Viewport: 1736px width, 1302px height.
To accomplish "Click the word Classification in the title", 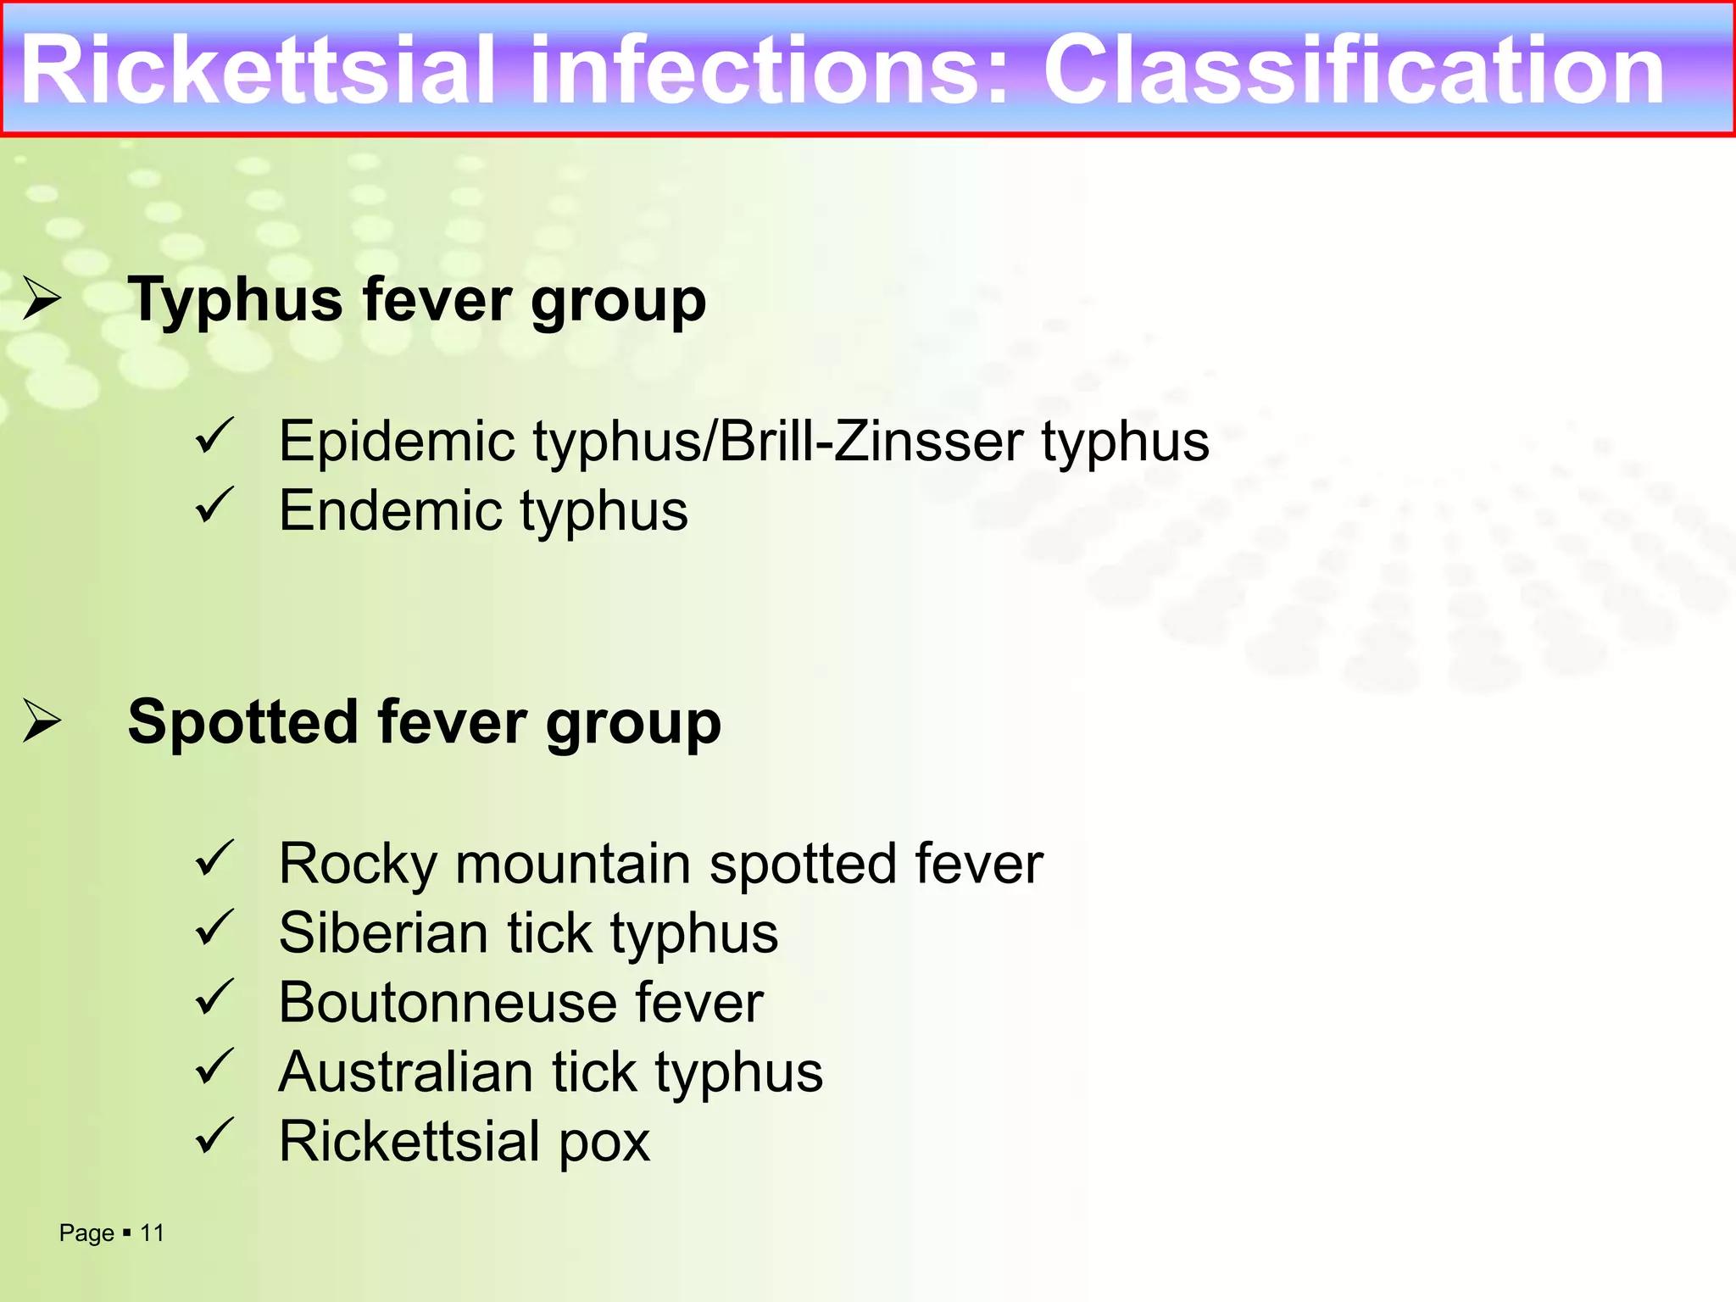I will tap(1354, 71).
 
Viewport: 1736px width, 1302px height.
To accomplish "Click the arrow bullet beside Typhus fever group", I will tap(42, 298).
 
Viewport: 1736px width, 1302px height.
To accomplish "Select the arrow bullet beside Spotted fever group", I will tap(42, 721).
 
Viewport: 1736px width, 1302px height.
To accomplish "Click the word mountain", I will tap(573, 864).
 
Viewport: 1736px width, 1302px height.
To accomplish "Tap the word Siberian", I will tap(382, 933).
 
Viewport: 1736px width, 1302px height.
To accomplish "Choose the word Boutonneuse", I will tap(447, 1003).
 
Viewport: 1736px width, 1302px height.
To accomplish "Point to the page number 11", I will tap(152, 1232).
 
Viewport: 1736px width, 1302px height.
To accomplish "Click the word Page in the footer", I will tap(86, 1233).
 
